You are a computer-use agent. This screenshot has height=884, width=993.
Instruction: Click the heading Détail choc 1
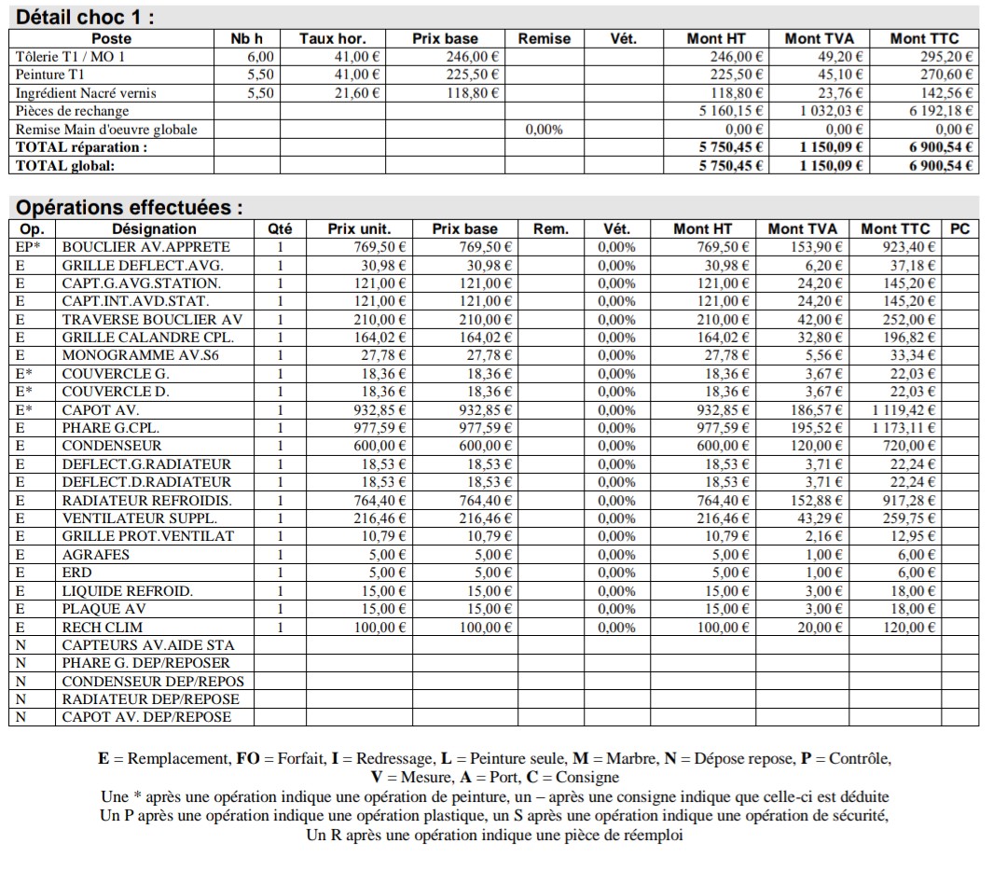(86, 17)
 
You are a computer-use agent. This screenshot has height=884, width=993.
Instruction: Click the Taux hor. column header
(332, 38)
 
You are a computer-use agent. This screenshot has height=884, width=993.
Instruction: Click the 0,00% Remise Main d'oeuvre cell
(544, 130)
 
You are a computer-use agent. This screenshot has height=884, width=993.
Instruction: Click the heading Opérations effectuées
(130, 207)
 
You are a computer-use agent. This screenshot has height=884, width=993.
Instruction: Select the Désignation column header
(154, 228)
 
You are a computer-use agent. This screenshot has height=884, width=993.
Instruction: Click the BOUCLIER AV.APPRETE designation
(145, 247)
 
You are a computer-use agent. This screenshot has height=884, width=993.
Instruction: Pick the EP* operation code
(29, 247)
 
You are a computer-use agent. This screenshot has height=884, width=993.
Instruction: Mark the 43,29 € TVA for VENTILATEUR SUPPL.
(824, 518)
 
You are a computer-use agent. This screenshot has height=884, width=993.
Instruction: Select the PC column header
(959, 228)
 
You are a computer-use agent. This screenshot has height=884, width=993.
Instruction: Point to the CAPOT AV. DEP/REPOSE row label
(146, 717)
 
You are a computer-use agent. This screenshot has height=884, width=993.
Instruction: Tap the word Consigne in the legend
(588, 778)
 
